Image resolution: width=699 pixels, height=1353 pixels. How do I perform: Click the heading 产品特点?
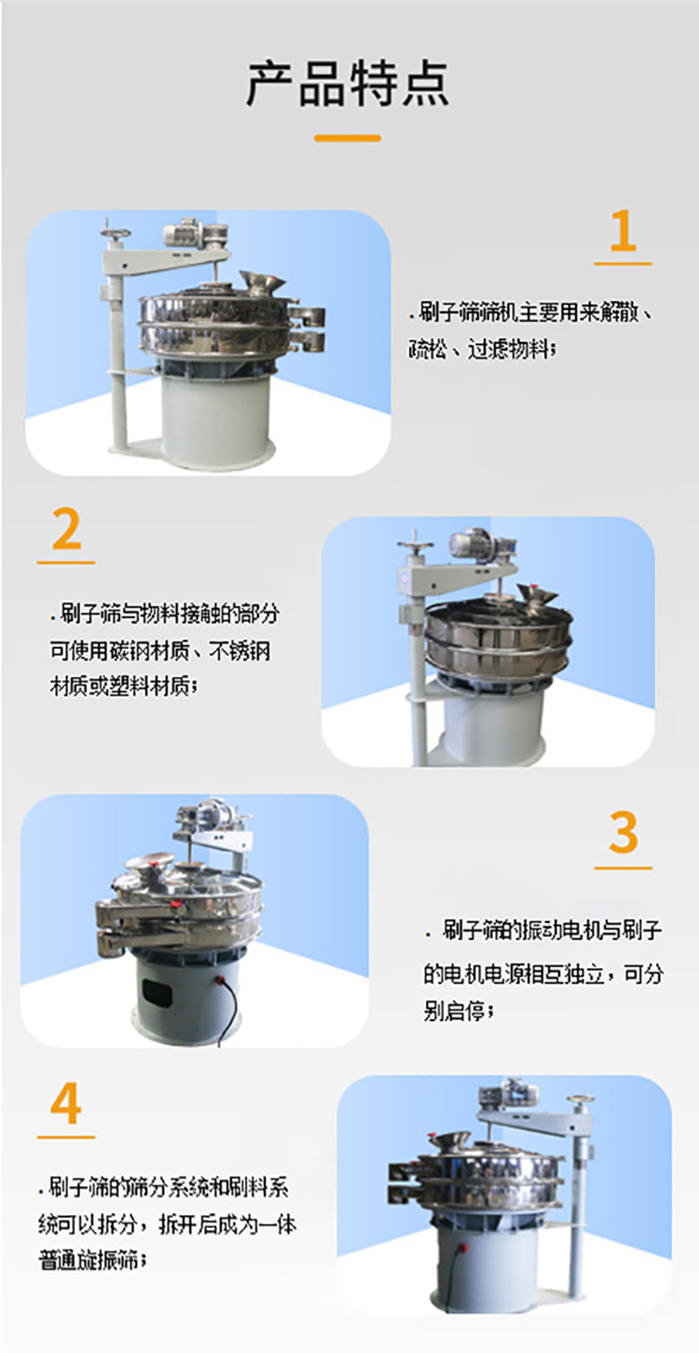[348, 84]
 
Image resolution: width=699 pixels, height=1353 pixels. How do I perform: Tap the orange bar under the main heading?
[348, 138]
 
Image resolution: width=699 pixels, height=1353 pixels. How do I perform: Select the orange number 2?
[66, 529]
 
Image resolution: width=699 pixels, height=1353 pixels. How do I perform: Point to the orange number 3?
[623, 833]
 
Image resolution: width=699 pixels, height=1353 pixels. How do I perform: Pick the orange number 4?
[66, 1103]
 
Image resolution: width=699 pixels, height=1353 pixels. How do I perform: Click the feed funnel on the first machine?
[261, 283]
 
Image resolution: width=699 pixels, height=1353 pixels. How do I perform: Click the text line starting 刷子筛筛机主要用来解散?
[531, 313]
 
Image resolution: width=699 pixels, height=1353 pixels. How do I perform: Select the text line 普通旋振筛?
[92, 1261]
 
